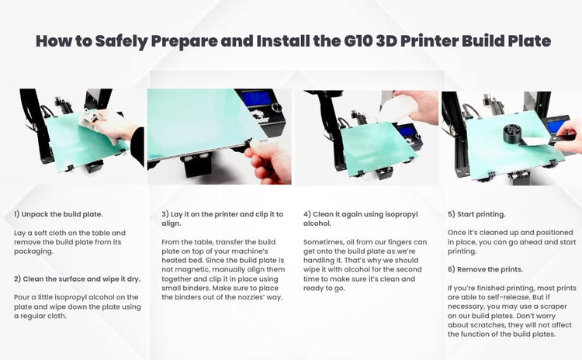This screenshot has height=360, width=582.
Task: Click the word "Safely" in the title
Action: (121, 41)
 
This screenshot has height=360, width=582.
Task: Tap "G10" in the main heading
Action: (359, 40)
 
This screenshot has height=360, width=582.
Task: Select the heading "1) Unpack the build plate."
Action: (58, 214)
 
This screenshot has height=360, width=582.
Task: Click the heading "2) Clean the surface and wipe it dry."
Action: (77, 279)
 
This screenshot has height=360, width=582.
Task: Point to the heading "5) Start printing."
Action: (476, 214)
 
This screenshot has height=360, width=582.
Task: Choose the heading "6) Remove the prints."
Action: (485, 269)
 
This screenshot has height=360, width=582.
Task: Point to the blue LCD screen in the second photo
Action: (256, 99)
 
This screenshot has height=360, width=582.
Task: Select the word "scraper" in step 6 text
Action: (552, 306)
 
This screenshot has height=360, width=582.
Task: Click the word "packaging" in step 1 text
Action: (33, 251)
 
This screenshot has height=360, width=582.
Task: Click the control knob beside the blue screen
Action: (276, 107)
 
